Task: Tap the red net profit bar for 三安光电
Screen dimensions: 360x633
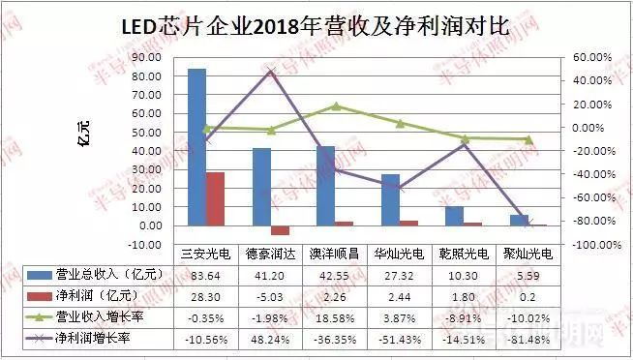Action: point(215,198)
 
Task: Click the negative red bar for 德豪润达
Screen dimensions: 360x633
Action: point(280,230)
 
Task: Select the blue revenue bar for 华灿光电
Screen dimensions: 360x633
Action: point(390,199)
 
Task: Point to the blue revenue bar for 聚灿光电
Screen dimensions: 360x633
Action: point(520,221)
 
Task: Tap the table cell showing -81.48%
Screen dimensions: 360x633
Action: point(529,339)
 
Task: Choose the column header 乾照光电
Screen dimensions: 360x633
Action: point(465,254)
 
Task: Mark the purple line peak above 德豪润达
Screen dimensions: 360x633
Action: point(271,71)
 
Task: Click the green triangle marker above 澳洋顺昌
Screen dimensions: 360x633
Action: point(336,106)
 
